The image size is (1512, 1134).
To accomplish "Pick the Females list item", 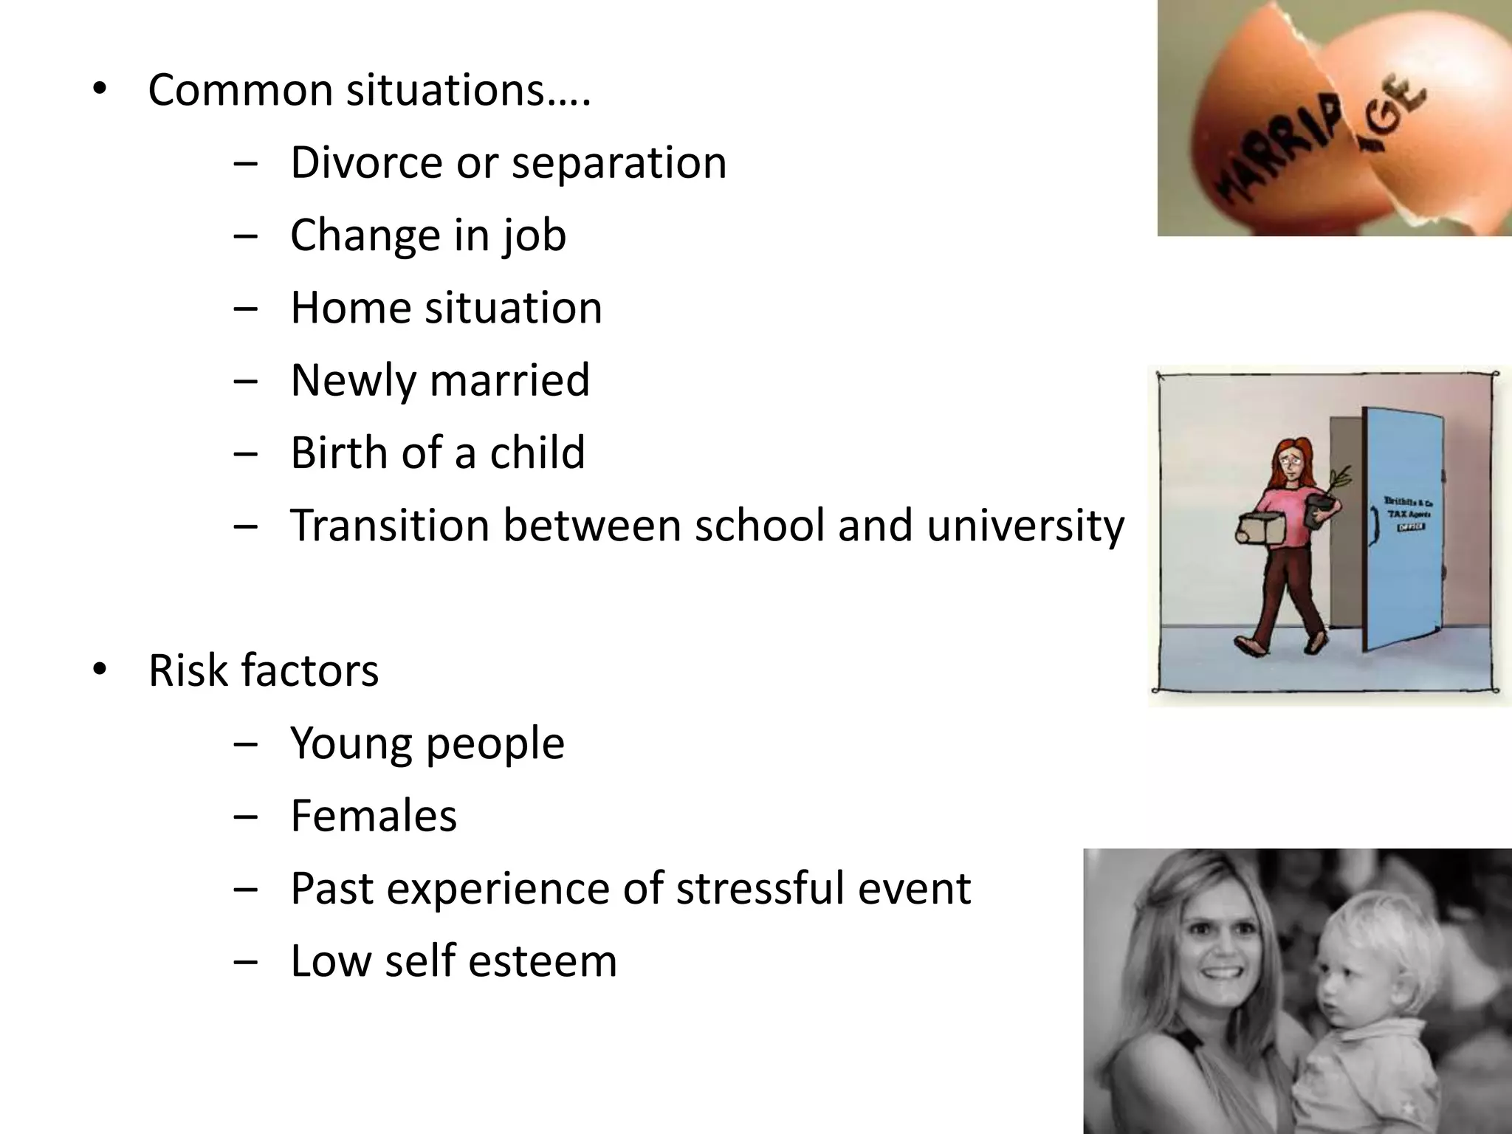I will click(x=374, y=816).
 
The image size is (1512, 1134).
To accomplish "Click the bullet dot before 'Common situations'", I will click(x=100, y=90).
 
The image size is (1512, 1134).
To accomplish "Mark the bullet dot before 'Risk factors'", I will click(x=100, y=670).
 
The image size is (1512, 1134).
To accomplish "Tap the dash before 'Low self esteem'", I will click(x=244, y=962).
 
